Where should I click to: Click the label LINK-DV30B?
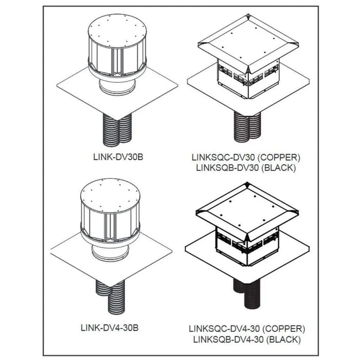[x=112, y=153]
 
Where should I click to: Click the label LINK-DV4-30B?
[x=112, y=326]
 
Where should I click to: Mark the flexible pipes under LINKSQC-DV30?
[x=247, y=125]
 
